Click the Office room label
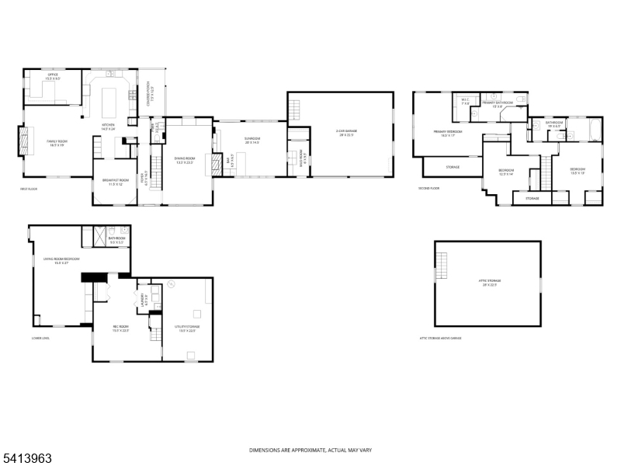click(53, 76)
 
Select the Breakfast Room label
click(116, 182)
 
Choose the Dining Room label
click(184, 161)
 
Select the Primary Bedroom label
click(448, 133)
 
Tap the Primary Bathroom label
click(497, 104)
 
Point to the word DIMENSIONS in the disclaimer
click(262, 450)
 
